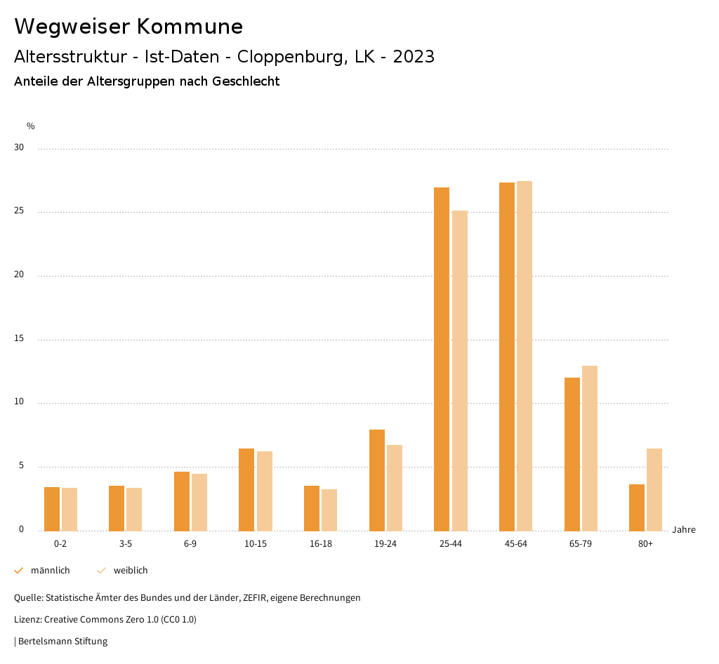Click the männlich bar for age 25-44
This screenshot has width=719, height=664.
(x=442, y=359)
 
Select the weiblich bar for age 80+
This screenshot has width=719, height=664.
(x=654, y=489)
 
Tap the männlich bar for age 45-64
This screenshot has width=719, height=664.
(x=507, y=357)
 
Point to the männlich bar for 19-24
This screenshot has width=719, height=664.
(x=377, y=480)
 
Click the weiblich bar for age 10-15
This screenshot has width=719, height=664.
(x=264, y=491)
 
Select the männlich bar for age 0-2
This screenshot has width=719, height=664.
(x=52, y=509)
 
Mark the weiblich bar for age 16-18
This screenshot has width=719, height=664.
(x=329, y=510)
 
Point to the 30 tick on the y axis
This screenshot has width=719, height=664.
(x=18, y=148)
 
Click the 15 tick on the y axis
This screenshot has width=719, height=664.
(x=18, y=339)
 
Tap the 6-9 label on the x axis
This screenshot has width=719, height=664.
(x=190, y=544)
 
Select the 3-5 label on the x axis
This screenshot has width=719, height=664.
(x=126, y=544)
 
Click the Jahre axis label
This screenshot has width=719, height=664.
(x=684, y=530)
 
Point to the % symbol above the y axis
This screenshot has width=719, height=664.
(x=31, y=126)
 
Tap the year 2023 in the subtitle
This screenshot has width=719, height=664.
(x=414, y=57)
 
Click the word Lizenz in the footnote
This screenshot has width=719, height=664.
(x=27, y=620)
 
